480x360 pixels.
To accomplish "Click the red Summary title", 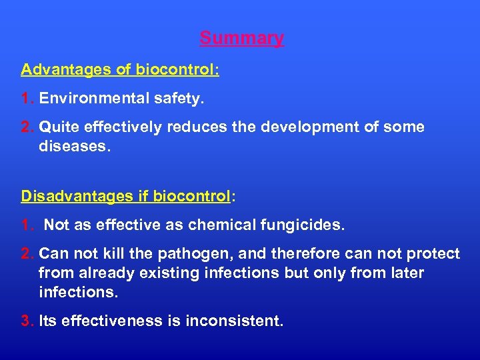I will (241, 39).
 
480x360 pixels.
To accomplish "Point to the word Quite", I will (59, 127).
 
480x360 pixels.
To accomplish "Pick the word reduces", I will (195, 127).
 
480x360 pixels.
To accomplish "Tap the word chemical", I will (221, 225).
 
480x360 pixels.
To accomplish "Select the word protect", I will (433, 254).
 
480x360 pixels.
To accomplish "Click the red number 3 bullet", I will (27, 321).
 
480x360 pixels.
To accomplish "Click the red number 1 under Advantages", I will (27, 99).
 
